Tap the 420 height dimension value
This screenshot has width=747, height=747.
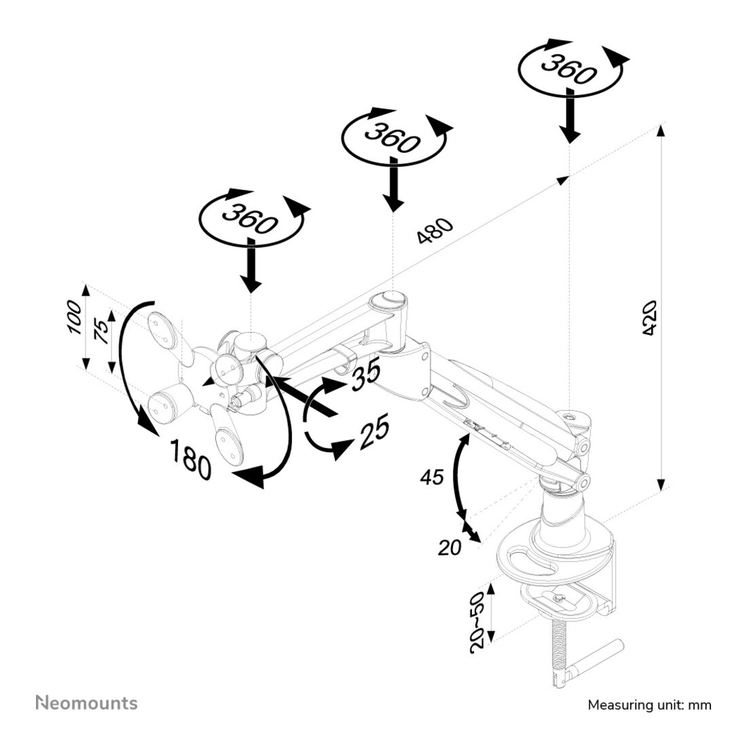pos(649,317)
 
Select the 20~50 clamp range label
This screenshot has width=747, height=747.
pos(478,622)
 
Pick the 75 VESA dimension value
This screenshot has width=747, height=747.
pos(100,333)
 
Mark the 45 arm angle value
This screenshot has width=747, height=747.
pos(431,477)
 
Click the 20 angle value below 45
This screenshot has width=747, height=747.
pos(449,547)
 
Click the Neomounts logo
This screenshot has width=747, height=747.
pos(86,703)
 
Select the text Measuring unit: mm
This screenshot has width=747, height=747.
pos(649,705)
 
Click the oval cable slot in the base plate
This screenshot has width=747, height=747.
pos(530,562)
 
